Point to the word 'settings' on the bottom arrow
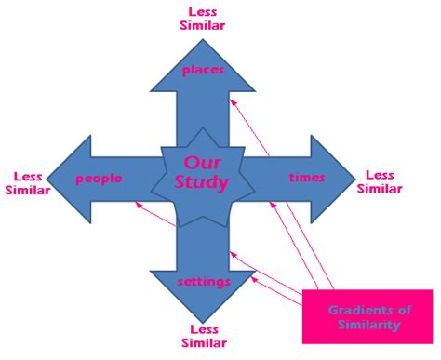(x=204, y=281)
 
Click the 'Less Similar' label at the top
(x=203, y=18)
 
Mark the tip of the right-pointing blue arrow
(x=354, y=177)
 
